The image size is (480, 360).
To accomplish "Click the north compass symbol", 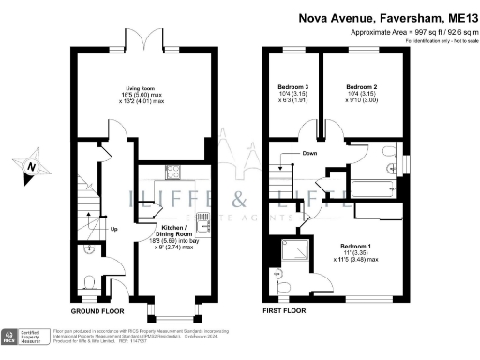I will pos(35,166).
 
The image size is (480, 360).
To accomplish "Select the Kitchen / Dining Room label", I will pos(172,234).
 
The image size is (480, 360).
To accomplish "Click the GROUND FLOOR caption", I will pos(100,310).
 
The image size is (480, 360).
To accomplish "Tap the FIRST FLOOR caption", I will pos(287,310).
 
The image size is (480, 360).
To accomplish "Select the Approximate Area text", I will pos(409,32).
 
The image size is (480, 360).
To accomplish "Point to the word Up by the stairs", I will pos(113,228).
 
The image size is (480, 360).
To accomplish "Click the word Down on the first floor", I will pos(308,154).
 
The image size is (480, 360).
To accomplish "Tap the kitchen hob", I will pos(172,171).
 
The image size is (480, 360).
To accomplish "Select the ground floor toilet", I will pos(86,282).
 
